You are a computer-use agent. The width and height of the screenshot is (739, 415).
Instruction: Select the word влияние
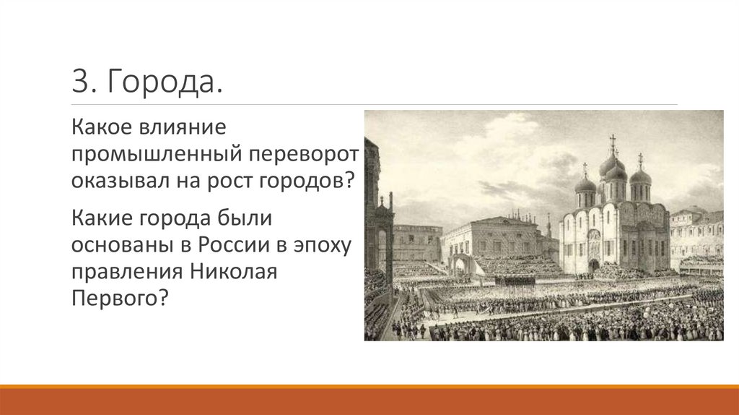click(x=188, y=127)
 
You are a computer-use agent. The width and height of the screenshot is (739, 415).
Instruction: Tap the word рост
click(x=226, y=181)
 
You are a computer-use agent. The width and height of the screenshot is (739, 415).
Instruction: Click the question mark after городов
click(x=351, y=180)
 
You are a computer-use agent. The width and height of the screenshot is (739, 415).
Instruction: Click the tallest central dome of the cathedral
click(x=612, y=165)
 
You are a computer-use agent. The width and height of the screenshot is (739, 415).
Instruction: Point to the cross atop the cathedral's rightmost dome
click(x=640, y=158)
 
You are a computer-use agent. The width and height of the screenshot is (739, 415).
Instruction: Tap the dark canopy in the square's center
click(x=515, y=279)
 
